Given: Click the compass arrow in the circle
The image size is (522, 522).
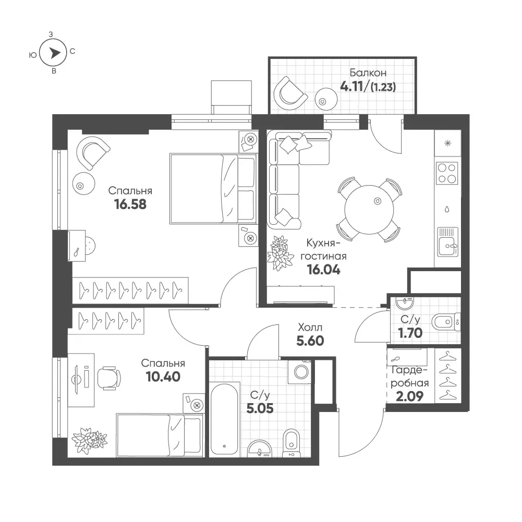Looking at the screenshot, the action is click(55, 53).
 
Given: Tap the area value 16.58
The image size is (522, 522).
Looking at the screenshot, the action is click(130, 204).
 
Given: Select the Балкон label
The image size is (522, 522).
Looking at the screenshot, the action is click(368, 72).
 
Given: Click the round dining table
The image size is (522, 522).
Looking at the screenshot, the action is click(369, 210).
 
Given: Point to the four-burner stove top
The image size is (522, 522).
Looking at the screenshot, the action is click(447, 173).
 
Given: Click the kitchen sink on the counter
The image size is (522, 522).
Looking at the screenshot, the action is click(447, 241).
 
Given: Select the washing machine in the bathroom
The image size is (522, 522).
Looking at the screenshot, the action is click(301, 372).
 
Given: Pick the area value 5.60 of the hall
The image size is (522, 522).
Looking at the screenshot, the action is click(310, 341).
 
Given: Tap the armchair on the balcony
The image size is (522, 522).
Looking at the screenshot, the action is click(289, 93).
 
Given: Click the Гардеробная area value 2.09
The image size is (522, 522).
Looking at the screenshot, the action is click(409, 396).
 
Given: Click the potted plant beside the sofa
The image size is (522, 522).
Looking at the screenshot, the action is click(280, 253).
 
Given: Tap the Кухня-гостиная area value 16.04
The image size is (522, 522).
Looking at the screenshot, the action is click(324, 270).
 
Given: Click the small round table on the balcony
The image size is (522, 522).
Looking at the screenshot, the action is click(326, 99).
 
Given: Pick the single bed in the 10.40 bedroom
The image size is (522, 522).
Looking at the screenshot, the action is click(160, 435).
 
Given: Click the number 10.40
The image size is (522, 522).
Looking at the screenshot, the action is click(163, 377).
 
